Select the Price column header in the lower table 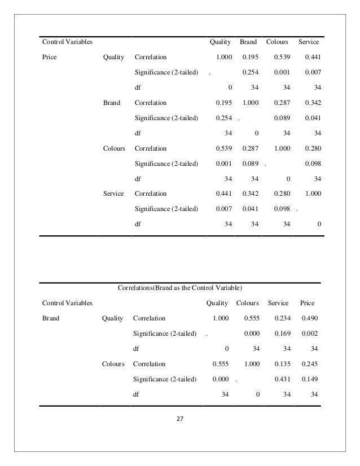308,303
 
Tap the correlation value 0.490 309,318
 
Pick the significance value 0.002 309,333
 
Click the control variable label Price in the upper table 50,57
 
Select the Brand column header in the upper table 248,42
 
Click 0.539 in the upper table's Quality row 281,57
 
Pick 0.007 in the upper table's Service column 312,72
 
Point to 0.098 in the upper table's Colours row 312,164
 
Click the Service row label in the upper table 114,194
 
